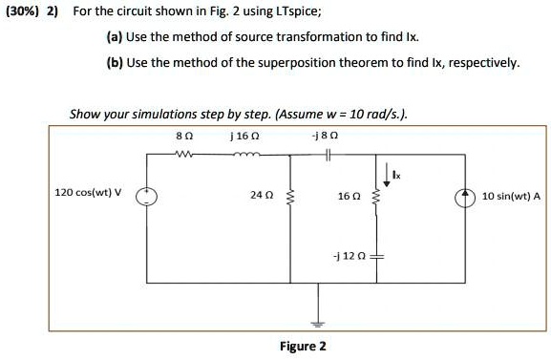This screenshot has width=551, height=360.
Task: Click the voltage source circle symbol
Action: click(x=147, y=197)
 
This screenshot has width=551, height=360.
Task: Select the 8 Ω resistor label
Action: click(x=184, y=137)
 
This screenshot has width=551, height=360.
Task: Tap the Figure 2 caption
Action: click(x=302, y=346)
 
